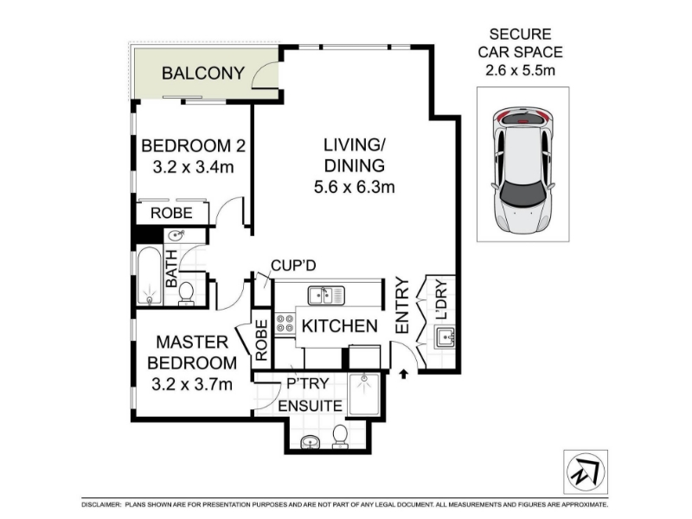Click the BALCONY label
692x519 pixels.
[x=203, y=73]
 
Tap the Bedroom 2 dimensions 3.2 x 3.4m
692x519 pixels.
[x=193, y=167]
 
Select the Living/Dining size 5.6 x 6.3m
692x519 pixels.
[x=354, y=187]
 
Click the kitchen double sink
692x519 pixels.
[x=326, y=295]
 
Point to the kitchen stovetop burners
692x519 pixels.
[x=285, y=323]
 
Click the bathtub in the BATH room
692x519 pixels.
[x=149, y=276]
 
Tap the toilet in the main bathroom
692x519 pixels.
[x=186, y=293]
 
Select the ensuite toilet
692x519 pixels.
[x=340, y=436]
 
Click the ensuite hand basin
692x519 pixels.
[x=311, y=441]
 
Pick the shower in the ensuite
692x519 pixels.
[x=363, y=394]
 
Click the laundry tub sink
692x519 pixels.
[x=445, y=337]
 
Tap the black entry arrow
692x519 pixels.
[x=404, y=375]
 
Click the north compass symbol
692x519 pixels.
[x=586, y=471]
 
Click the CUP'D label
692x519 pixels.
[x=293, y=266]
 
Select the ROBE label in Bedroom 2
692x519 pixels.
[x=171, y=213]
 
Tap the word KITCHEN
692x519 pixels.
[x=340, y=326]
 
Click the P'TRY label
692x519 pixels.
[x=308, y=383]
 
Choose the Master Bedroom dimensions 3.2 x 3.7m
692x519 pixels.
[x=192, y=384]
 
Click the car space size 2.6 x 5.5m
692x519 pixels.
[x=521, y=70]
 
